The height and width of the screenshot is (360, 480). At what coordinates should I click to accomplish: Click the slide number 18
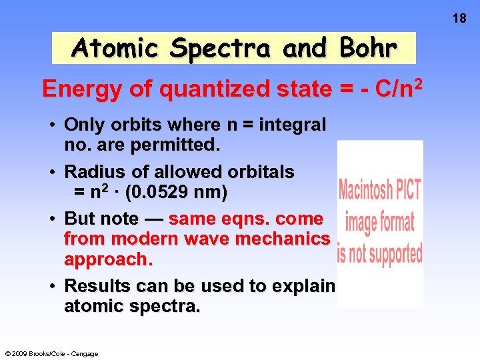click(460, 19)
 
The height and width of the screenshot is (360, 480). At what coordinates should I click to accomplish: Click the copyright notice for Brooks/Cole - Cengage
click(51, 353)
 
